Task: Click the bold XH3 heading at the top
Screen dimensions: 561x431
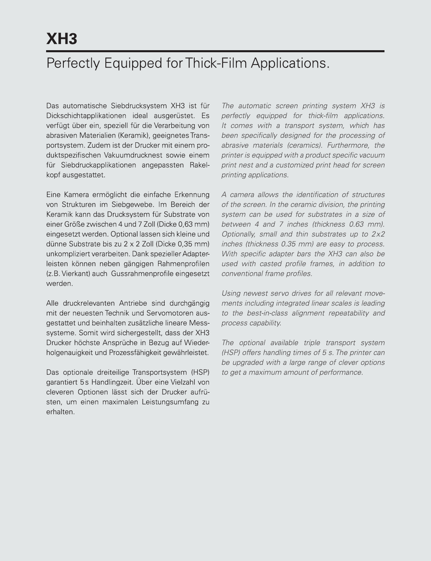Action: tap(62, 39)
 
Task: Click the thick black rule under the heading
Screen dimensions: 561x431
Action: tap(215, 51)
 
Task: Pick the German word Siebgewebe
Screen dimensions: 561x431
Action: tap(133, 204)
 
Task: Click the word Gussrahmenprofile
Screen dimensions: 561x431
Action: tap(142, 274)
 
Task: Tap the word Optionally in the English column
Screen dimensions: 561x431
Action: tap(238, 234)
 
